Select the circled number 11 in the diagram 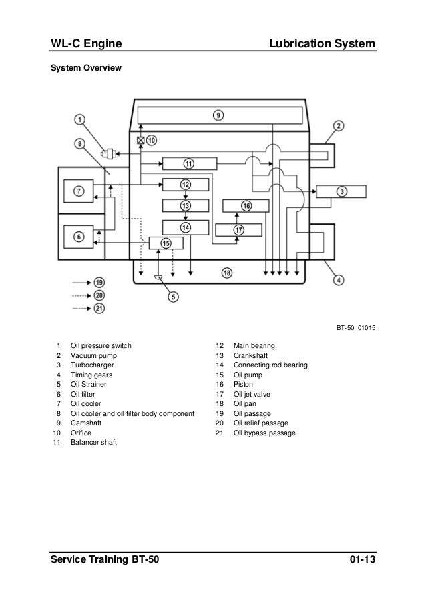point(189,163)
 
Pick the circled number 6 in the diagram point(79,236)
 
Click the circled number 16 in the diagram point(246,206)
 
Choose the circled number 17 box point(238,230)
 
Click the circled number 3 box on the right point(341,191)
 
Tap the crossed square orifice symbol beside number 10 point(141,141)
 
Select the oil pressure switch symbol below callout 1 point(106,154)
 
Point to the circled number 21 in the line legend point(99,307)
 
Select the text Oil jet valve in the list point(251,394)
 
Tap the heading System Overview point(83,68)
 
